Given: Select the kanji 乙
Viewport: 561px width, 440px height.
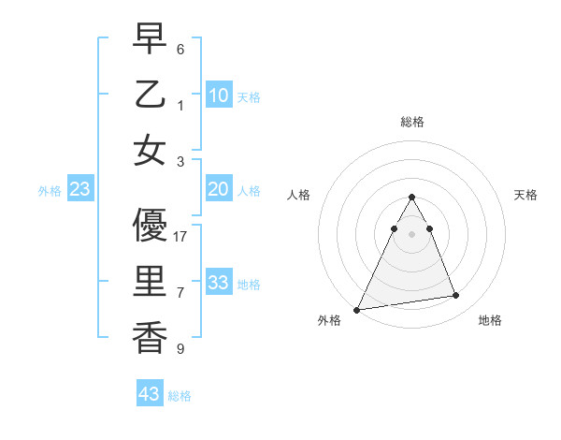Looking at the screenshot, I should [x=150, y=95].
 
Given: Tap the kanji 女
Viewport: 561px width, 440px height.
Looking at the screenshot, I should [x=150, y=150].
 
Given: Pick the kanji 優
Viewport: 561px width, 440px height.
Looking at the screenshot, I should [x=150, y=226].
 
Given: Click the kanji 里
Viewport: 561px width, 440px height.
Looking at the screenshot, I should [x=150, y=282].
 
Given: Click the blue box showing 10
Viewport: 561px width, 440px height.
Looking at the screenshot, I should [x=218, y=95].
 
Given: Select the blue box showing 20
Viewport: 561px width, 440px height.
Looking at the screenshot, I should [x=218, y=189].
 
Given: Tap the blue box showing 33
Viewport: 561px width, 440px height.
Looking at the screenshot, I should [x=218, y=283].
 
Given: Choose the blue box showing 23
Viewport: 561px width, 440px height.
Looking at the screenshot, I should [x=79, y=189].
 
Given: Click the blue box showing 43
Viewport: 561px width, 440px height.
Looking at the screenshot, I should [x=149, y=394].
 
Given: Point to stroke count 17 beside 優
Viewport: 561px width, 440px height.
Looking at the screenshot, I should [x=180, y=237].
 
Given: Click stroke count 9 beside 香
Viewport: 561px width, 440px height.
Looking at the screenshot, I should [x=180, y=349].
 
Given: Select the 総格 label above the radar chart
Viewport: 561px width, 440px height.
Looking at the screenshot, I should [x=411, y=122].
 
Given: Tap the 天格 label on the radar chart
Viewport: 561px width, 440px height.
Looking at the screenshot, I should [x=525, y=195].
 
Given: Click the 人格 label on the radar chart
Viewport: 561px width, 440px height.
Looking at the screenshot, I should [x=299, y=195].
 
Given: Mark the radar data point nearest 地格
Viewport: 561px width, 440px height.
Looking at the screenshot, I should [x=456, y=296].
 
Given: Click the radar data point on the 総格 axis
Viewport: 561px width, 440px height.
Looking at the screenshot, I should [x=411, y=197].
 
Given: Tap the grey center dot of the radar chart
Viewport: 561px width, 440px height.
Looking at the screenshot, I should [x=411, y=234].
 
